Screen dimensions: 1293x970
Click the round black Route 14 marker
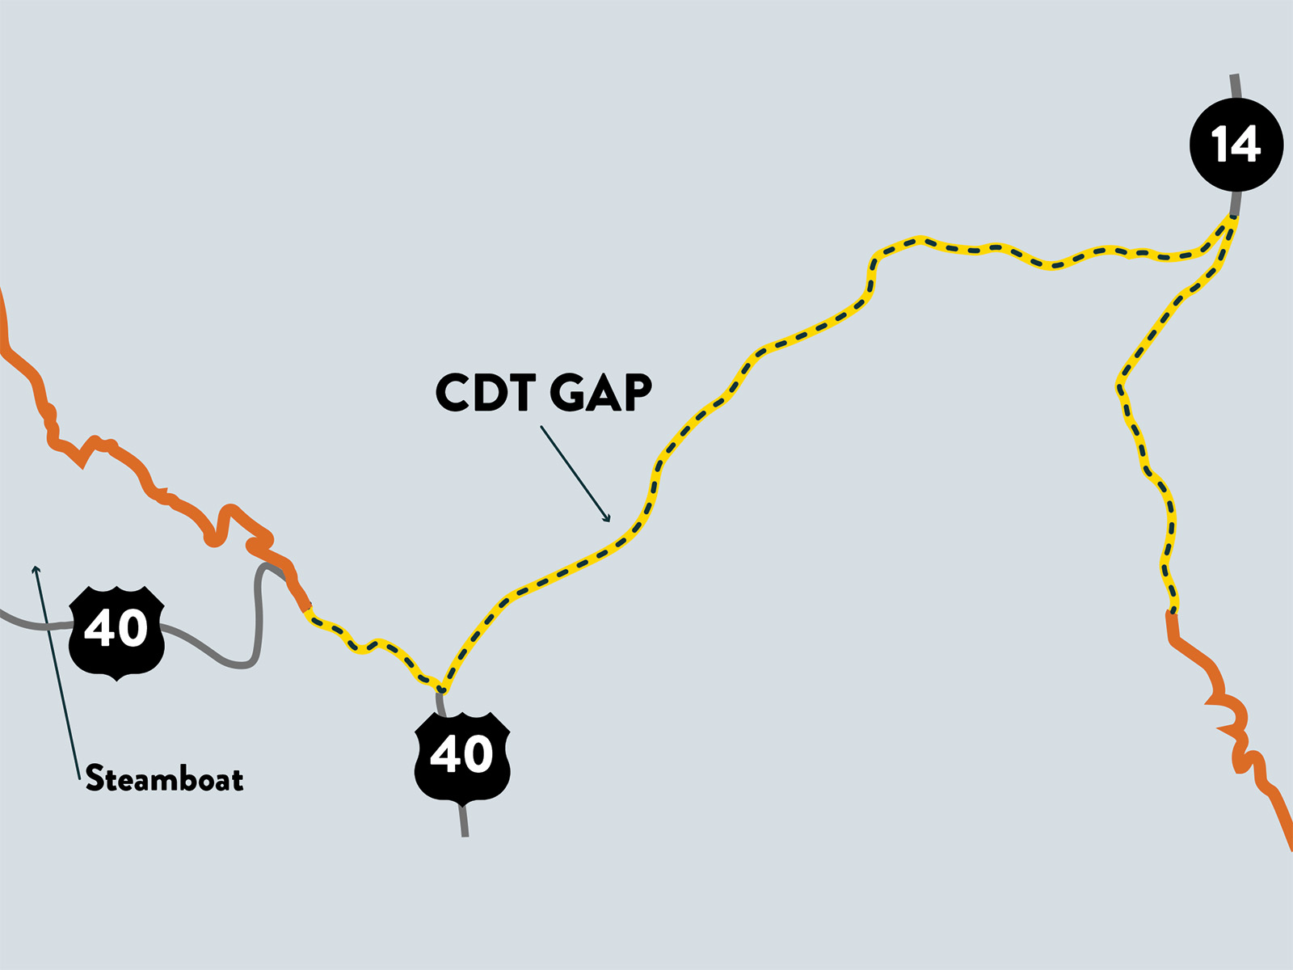(1236, 145)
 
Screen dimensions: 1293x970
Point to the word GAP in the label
(601, 392)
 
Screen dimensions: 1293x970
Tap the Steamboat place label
(164, 778)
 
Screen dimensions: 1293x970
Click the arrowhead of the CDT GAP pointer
(608, 518)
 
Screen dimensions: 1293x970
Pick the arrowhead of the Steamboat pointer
(36, 569)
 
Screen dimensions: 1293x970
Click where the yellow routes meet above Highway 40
(442, 689)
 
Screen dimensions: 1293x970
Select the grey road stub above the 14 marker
(1236, 86)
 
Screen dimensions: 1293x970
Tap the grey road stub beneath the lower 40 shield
(464, 820)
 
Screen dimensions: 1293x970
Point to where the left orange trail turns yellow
(306, 609)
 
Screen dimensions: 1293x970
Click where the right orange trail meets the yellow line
(1173, 614)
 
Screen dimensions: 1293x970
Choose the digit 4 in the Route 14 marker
(1245, 145)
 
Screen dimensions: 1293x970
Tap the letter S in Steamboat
(95, 778)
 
